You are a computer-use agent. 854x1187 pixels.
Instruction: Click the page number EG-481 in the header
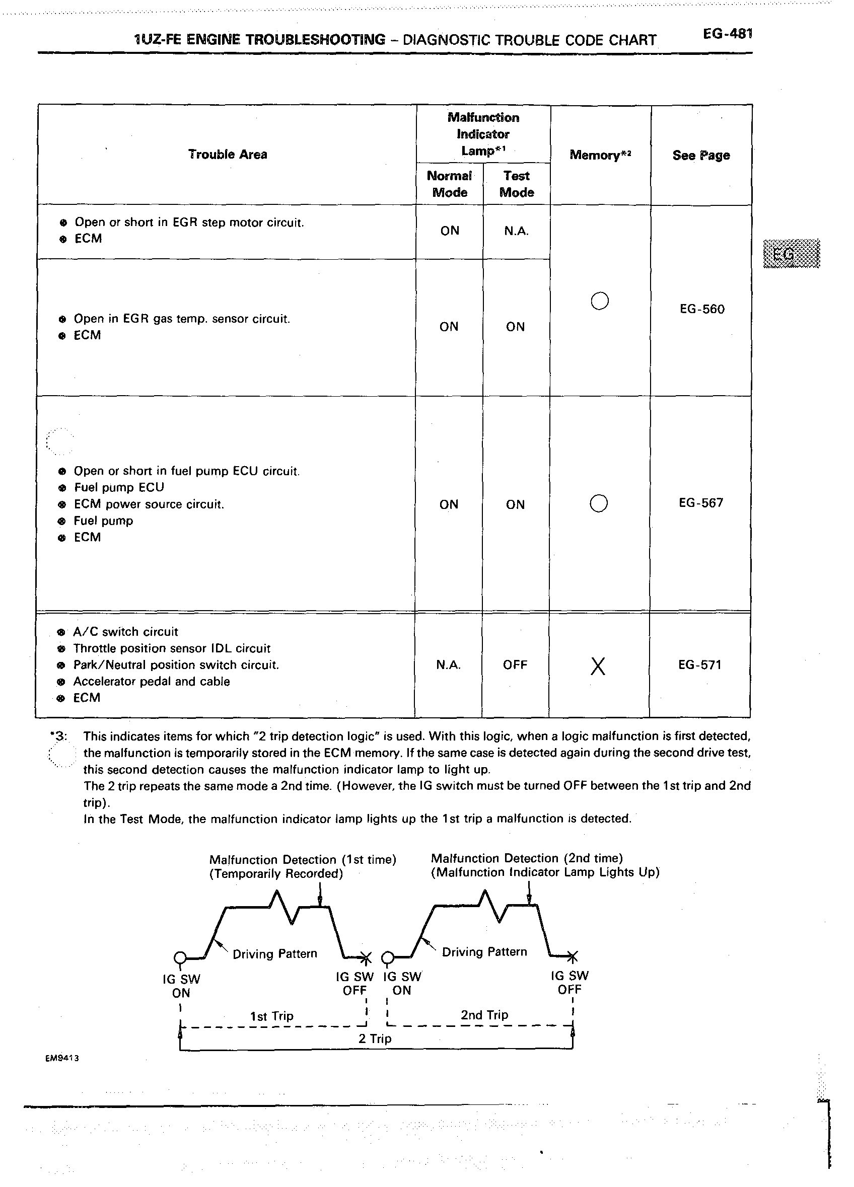[x=727, y=35]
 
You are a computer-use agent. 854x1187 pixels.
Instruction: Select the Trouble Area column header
[x=227, y=155]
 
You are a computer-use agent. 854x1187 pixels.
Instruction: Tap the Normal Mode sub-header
[x=449, y=184]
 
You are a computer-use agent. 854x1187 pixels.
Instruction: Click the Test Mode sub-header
[x=516, y=184]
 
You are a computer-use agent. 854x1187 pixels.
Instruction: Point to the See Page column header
[x=700, y=156]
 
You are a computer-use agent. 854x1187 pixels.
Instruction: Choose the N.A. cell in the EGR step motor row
[x=516, y=231]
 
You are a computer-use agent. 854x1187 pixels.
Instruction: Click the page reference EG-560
[x=701, y=309]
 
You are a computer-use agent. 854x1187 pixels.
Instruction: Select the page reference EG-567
[x=700, y=503]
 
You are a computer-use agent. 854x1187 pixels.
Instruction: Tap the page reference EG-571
[x=699, y=664]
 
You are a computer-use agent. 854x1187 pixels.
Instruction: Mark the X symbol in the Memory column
[x=598, y=666]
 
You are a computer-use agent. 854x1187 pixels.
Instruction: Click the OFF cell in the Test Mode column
[x=515, y=664]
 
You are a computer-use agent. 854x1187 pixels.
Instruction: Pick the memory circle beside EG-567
[x=599, y=503]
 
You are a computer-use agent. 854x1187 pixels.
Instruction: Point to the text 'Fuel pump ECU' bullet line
[x=119, y=487]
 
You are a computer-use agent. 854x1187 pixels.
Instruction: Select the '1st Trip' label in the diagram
[x=272, y=1016]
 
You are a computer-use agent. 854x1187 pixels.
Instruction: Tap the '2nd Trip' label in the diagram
[x=484, y=1015]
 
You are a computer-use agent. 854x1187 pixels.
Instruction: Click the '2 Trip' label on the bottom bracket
[x=375, y=1038]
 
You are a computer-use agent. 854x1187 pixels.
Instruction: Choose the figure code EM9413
[x=62, y=1058]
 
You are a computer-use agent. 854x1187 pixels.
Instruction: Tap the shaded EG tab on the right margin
[x=791, y=254]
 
